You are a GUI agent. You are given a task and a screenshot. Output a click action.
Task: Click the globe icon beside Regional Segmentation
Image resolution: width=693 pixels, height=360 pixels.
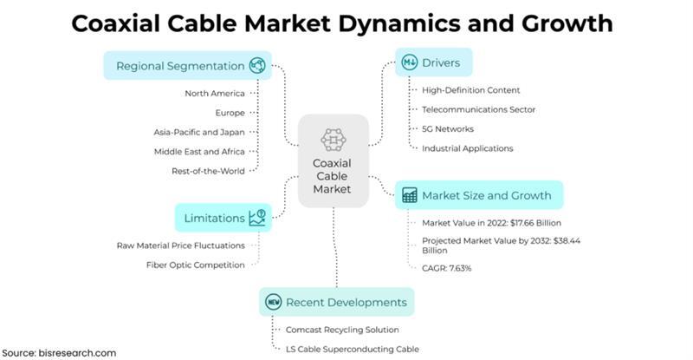click(257, 66)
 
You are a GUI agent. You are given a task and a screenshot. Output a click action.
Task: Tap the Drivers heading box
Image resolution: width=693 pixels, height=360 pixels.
click(434, 62)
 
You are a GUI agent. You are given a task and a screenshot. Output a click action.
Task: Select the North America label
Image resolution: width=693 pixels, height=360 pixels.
click(215, 93)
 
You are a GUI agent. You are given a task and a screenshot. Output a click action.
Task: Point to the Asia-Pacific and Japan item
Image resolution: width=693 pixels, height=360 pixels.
click(198, 132)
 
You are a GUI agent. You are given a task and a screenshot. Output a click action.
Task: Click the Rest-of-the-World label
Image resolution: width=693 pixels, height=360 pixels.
click(208, 170)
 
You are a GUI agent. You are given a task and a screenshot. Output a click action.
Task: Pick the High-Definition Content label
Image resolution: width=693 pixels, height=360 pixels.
click(470, 90)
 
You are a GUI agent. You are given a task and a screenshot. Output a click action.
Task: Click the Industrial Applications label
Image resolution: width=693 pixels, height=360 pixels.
click(467, 148)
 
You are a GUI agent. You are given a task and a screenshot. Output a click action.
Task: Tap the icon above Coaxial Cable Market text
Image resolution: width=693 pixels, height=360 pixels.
click(334, 139)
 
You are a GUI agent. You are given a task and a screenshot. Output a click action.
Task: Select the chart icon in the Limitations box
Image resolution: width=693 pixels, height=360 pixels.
click(257, 217)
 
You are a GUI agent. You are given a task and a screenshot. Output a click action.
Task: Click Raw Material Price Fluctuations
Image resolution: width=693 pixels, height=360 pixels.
click(180, 245)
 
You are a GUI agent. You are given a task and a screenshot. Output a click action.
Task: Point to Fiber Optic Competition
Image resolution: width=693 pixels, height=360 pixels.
click(195, 265)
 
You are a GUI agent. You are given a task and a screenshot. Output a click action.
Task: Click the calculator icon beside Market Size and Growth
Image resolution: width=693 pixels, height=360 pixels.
click(410, 195)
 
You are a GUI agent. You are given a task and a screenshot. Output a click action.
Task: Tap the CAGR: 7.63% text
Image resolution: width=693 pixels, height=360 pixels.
click(447, 268)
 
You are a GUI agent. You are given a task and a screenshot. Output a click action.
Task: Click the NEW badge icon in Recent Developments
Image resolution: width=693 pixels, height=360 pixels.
click(273, 303)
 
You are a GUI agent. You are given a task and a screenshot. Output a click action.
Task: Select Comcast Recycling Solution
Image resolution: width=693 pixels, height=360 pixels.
click(343, 330)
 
